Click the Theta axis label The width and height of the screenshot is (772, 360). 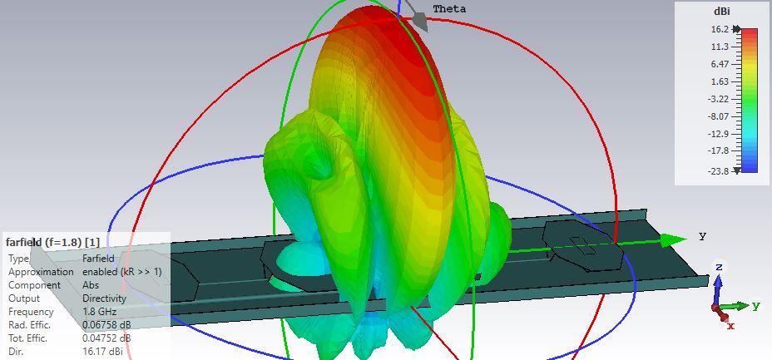[x=449, y=9]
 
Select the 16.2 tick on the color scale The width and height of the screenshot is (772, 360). [x=720, y=29]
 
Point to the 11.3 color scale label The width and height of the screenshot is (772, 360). [x=720, y=47]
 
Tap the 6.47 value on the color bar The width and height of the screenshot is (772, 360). [x=720, y=64]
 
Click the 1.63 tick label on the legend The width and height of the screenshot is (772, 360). [x=720, y=81]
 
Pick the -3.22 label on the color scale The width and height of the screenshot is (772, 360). [x=718, y=99]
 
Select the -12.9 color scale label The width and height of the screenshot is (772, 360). [x=718, y=134]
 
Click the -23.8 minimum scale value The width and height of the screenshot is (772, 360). [x=718, y=170]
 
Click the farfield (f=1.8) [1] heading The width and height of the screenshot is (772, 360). [x=52, y=242]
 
